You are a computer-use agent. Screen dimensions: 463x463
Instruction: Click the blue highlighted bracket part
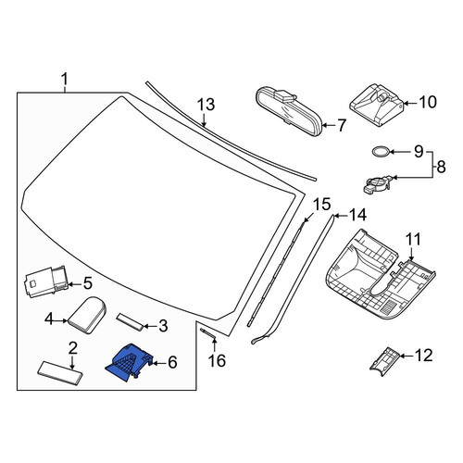coord(129,362)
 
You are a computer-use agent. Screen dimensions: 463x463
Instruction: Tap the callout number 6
coord(172,362)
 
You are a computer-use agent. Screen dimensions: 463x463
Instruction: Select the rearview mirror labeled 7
coord(289,111)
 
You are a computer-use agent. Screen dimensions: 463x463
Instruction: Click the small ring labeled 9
coord(380,152)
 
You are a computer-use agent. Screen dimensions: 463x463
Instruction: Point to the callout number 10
coord(428,102)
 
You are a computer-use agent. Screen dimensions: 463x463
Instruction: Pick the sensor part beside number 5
coord(46,282)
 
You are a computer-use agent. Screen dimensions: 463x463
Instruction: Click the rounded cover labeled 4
coord(87,315)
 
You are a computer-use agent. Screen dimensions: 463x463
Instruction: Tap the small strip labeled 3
coord(130,321)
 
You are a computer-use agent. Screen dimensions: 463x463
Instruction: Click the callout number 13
coord(206,105)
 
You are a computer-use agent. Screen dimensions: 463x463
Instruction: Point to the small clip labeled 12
coord(384,361)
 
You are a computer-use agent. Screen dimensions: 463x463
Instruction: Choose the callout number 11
coord(413,240)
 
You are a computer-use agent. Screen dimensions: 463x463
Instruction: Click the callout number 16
coord(217,360)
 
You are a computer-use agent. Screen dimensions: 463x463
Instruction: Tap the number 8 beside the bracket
coord(442,167)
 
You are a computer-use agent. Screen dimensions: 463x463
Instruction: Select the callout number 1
coord(64,80)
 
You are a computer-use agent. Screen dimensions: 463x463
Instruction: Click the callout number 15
coord(322,205)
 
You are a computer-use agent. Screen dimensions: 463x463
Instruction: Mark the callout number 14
coord(357,215)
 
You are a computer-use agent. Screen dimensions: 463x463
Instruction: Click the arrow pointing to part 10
coord(410,104)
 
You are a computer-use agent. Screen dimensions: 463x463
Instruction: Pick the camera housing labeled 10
coord(377,105)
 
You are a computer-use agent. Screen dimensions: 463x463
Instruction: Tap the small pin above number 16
coord(208,333)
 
